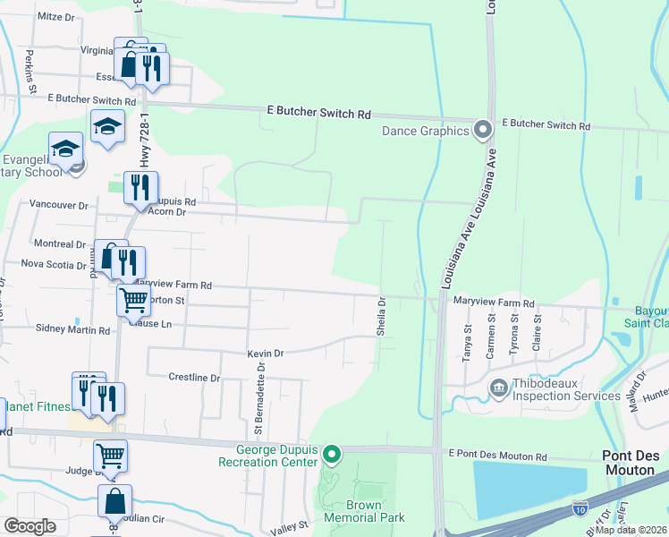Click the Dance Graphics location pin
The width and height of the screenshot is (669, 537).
click(x=483, y=131)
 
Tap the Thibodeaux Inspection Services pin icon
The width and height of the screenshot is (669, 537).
click(x=497, y=388)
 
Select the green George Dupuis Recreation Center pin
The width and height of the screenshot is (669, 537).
click(x=332, y=456)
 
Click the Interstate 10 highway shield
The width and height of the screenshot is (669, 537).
click(x=579, y=508)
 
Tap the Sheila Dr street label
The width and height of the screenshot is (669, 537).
click(x=381, y=314)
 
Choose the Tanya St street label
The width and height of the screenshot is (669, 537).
click(x=467, y=340)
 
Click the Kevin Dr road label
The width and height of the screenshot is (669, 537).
click(x=266, y=354)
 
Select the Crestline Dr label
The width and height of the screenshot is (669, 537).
click(x=194, y=378)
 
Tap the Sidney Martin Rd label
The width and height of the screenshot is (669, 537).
click(x=72, y=329)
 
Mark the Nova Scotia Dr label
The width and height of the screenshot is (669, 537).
click(x=52, y=264)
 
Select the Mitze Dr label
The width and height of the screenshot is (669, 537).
click(x=55, y=16)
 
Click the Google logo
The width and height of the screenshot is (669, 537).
click(x=31, y=525)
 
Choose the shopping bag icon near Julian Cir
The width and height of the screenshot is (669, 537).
click(x=115, y=501)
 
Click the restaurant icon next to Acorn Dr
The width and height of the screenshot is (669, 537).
click(x=140, y=188)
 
